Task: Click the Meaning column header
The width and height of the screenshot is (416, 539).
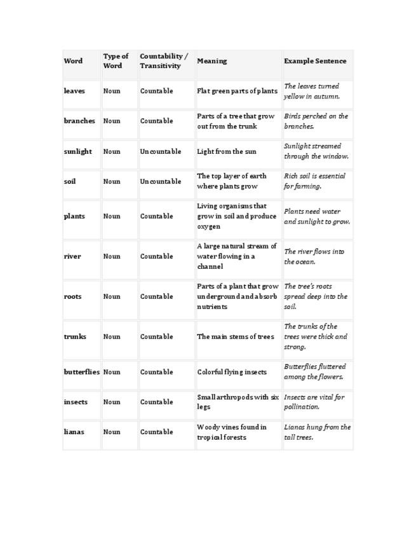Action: tap(212, 61)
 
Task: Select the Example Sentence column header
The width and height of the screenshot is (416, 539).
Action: tap(315, 61)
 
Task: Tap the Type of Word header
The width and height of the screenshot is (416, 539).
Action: tap(116, 61)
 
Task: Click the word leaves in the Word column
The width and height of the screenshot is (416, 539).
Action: tap(74, 91)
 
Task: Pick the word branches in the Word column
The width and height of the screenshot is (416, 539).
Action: tap(79, 121)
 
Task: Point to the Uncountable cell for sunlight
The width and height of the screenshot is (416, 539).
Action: tap(156, 151)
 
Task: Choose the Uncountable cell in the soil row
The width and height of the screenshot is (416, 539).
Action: tap(156, 181)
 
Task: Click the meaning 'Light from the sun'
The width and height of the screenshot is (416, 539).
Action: tap(227, 151)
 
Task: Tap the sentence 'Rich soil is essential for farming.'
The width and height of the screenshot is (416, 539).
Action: tap(314, 181)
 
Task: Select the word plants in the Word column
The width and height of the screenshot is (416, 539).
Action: tap(74, 216)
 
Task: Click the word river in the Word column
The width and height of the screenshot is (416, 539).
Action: tap(72, 256)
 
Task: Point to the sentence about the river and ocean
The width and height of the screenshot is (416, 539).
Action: tap(314, 256)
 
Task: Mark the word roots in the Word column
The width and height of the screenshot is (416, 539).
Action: tap(72, 296)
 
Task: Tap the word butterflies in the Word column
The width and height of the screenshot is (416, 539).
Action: tap(82, 372)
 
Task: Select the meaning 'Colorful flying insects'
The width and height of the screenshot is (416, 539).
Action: tap(232, 372)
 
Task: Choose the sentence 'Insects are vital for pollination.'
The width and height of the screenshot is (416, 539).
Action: tap(314, 402)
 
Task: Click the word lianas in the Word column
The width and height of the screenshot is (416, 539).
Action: tap(74, 432)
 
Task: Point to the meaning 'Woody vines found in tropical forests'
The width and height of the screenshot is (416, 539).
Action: tap(232, 432)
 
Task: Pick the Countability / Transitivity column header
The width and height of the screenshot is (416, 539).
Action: tap(164, 61)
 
